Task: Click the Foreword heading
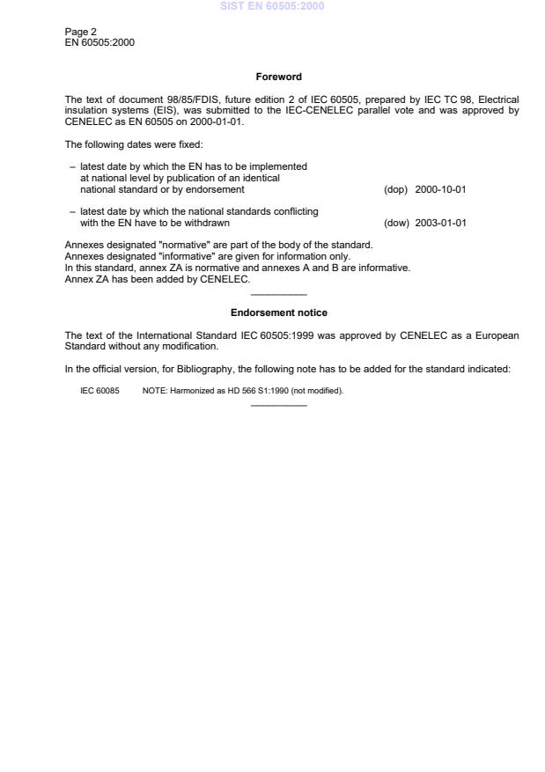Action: (x=278, y=77)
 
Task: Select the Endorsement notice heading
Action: (x=278, y=312)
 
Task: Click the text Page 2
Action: (x=82, y=32)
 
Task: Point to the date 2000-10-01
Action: (x=440, y=189)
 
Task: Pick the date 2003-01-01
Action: (x=440, y=223)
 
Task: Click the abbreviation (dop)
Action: (x=395, y=189)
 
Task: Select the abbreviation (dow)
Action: (x=396, y=223)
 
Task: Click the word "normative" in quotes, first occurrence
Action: (x=180, y=244)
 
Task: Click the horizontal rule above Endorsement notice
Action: (x=278, y=294)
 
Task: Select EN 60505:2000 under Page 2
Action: (x=99, y=42)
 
